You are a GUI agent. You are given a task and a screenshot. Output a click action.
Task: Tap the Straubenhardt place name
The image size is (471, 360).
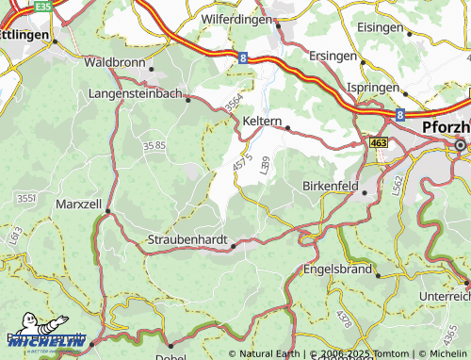click(x=188, y=241)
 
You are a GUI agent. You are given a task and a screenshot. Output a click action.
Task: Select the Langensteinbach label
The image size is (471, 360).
click(x=137, y=94)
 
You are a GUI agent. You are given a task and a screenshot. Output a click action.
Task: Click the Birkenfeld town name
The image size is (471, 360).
click(x=330, y=186)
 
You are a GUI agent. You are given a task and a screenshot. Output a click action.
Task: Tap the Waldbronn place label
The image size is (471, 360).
click(x=115, y=62)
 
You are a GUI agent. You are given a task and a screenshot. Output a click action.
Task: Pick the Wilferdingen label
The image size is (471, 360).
click(x=236, y=18)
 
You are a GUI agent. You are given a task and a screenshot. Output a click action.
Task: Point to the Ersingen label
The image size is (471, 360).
click(x=334, y=56)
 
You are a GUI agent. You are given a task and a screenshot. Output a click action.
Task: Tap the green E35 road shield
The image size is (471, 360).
click(x=43, y=7)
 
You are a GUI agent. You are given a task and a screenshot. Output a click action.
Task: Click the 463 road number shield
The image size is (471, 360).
click(x=378, y=142)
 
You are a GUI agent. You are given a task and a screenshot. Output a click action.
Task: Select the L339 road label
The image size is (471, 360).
click(x=263, y=164)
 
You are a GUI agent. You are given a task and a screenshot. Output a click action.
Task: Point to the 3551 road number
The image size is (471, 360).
click(x=26, y=198)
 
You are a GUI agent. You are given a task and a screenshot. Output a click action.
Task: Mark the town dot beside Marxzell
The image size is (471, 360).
click(x=107, y=212)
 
